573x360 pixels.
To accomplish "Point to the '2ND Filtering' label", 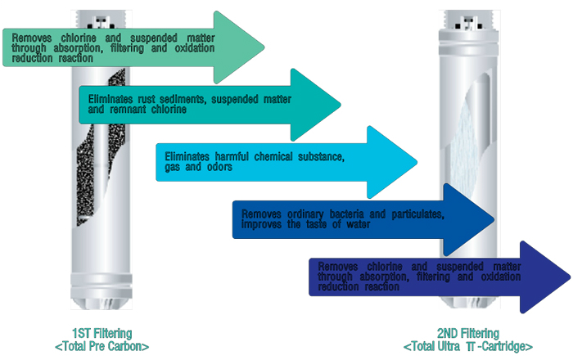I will tap(467, 334).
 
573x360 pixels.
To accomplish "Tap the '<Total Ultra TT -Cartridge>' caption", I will tap(467, 345).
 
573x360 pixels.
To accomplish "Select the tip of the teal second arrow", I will tap(340, 104).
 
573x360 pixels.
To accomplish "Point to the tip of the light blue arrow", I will tap(417, 161).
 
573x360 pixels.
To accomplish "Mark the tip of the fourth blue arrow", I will tap(494, 219).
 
